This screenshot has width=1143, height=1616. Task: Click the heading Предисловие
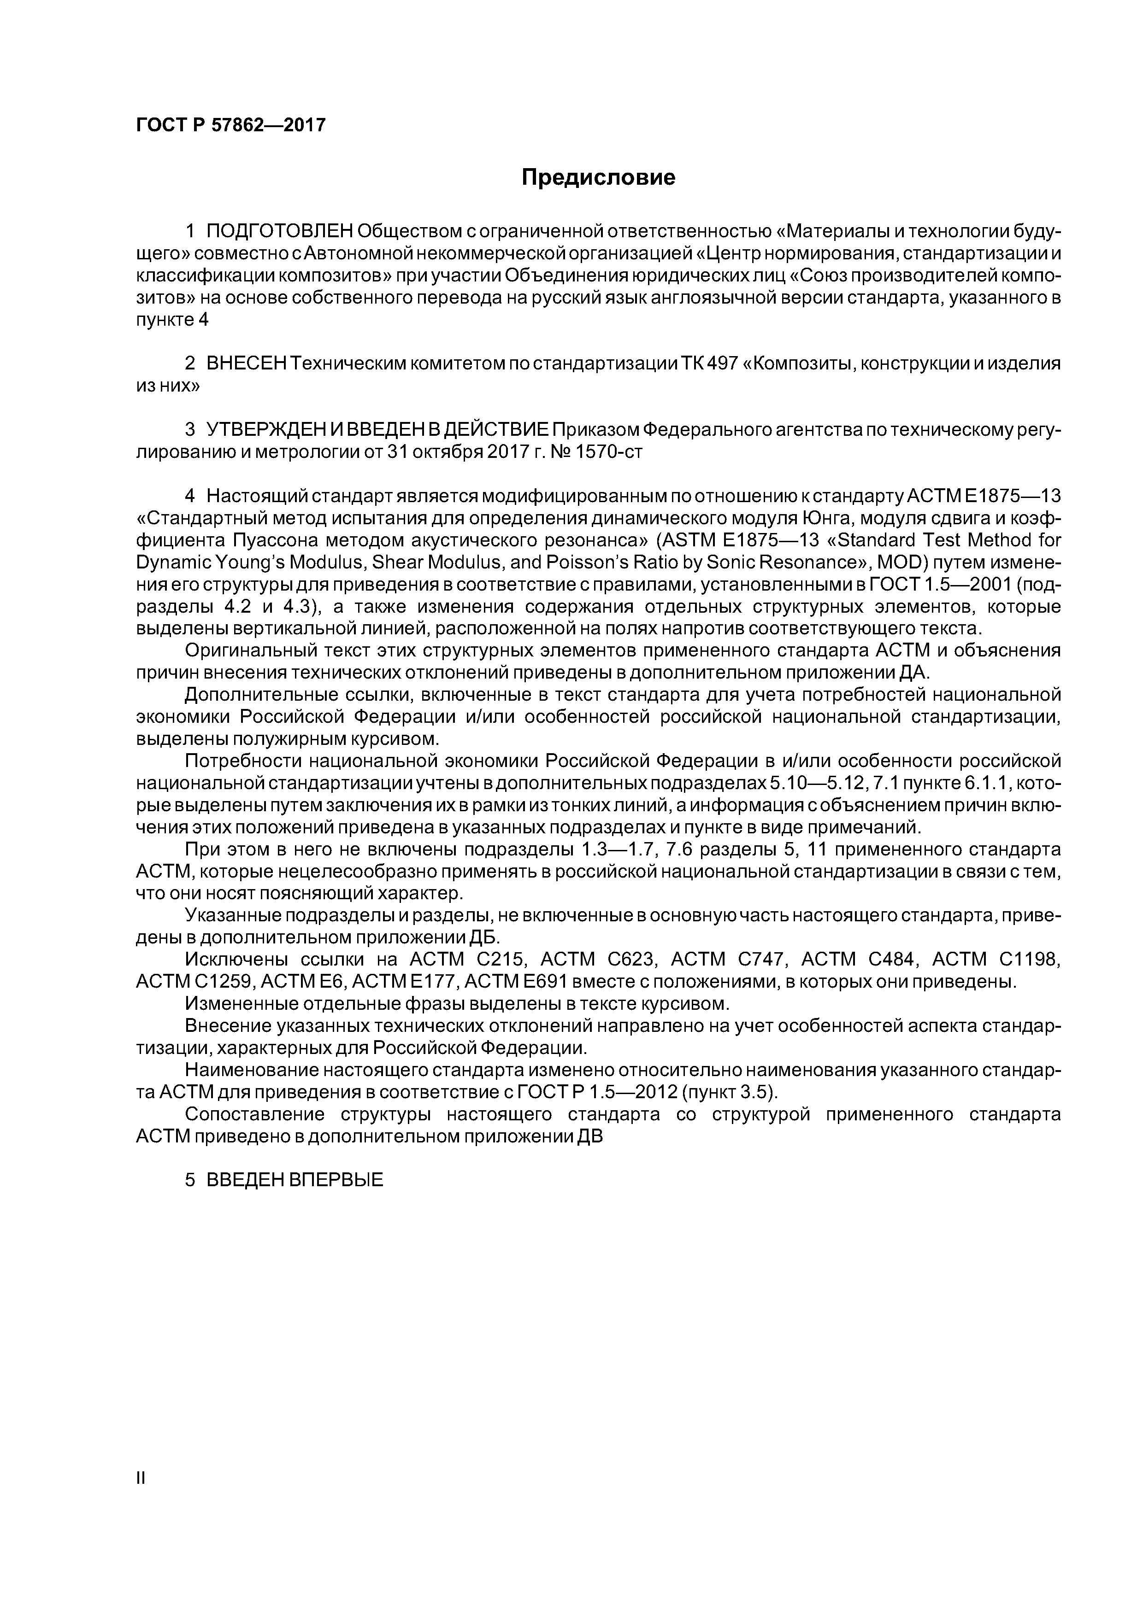point(598,177)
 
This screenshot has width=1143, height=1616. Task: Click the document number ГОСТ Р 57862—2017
point(230,125)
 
